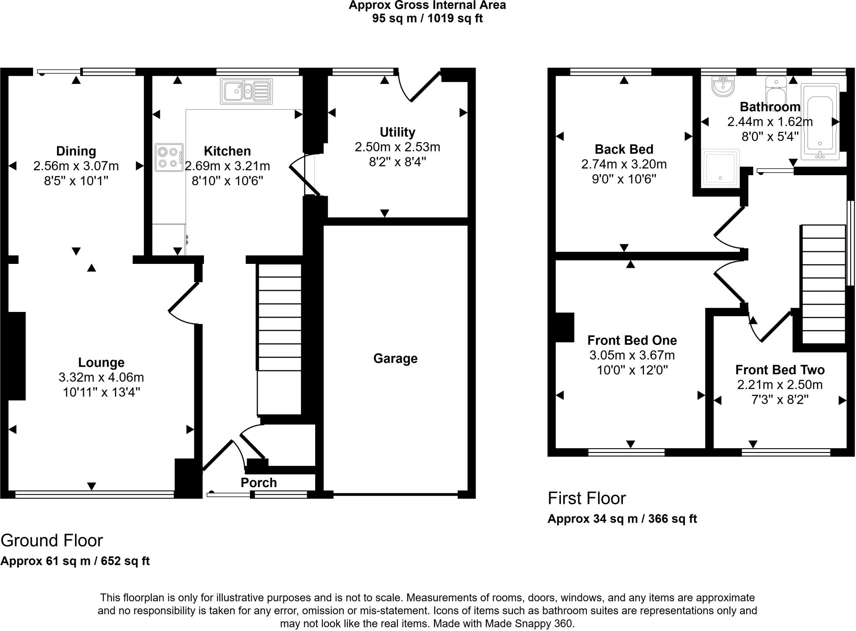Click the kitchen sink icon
(x=247, y=91)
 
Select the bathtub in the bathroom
(x=820, y=121)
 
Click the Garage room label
(x=395, y=358)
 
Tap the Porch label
(x=259, y=483)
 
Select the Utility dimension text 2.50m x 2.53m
(x=397, y=147)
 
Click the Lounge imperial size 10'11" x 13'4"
(x=101, y=392)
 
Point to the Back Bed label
(x=624, y=149)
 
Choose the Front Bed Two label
(x=780, y=370)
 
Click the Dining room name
(x=76, y=151)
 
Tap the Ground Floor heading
(x=52, y=541)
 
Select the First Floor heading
(x=587, y=498)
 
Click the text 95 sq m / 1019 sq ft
(x=427, y=18)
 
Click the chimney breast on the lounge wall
(x=17, y=356)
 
